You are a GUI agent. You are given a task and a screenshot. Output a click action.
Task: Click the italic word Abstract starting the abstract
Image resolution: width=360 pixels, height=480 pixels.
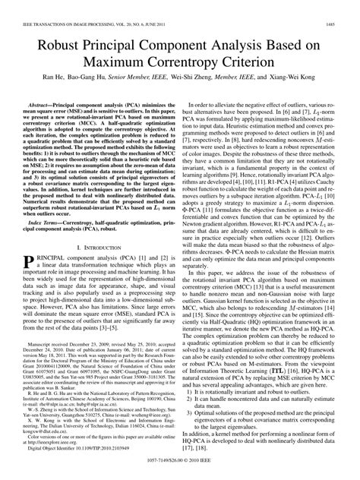(x=43, y=99)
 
